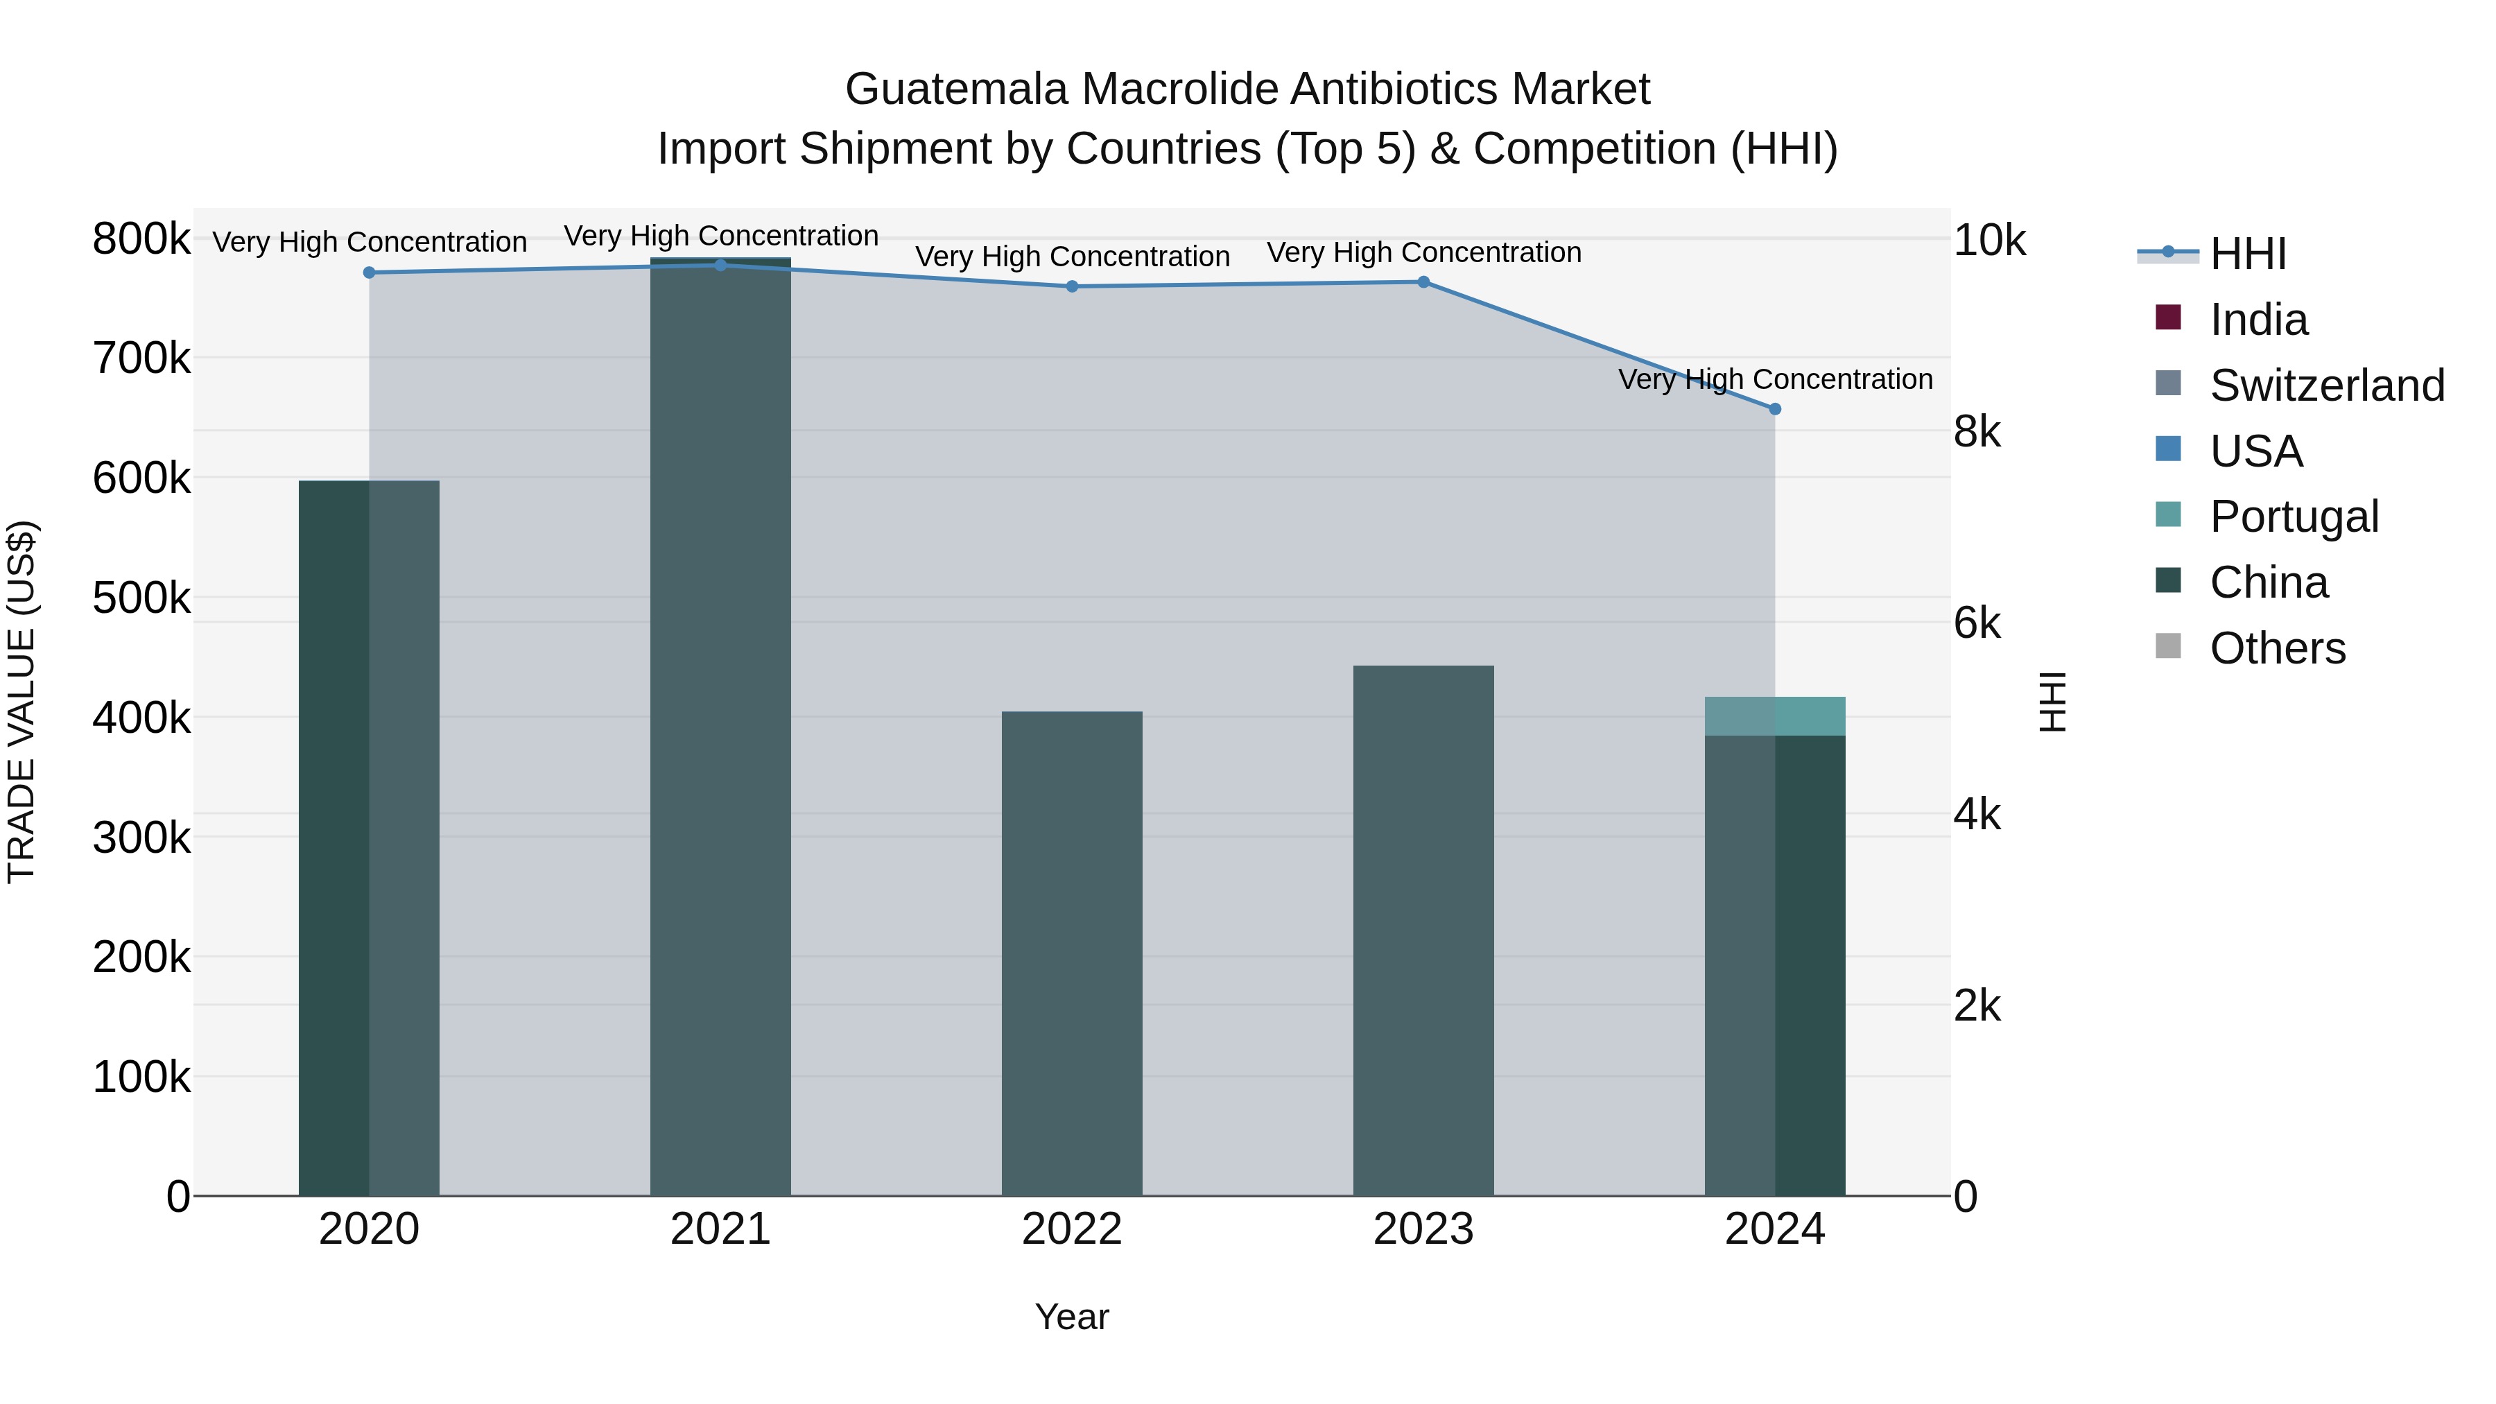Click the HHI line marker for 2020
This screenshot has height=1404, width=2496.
coord(369,273)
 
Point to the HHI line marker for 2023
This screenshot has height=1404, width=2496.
coord(1423,283)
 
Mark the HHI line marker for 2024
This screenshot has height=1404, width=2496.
coord(1775,410)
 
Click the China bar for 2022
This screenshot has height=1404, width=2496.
coord(1072,955)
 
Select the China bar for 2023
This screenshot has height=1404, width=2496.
coord(1423,930)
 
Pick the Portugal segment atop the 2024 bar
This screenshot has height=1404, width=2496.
coord(1775,717)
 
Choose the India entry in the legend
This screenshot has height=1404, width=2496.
coord(2259,320)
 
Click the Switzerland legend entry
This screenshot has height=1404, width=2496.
coord(2326,385)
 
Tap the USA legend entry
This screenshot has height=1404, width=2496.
coord(2255,451)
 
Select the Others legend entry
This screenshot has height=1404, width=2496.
coord(2277,648)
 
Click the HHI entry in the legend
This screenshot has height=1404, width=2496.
coord(2248,254)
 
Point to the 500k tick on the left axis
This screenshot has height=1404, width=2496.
coord(141,598)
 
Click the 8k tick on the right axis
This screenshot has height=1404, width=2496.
coord(1977,432)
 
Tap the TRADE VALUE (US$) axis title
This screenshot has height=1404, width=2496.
coord(22,702)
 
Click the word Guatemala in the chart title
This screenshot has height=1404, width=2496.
coord(956,89)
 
